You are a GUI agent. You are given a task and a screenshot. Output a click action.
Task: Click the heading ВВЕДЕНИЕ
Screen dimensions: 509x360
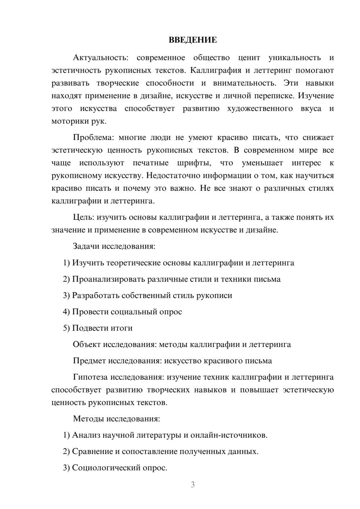pos(193,40)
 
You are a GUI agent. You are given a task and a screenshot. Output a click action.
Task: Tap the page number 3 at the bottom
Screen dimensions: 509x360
pos(193,485)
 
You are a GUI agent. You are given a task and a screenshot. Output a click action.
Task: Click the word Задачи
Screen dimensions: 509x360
pos(86,246)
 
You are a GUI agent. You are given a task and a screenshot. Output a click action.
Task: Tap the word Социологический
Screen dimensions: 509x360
pos(105,468)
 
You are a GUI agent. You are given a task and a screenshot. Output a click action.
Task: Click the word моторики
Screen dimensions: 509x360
pos(69,121)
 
